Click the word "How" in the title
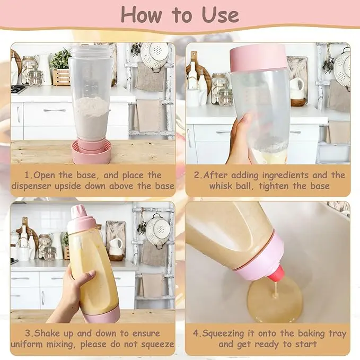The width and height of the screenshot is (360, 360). coord(141,14)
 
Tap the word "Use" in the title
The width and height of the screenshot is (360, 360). coord(221,14)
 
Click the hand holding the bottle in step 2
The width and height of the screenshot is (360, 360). coord(241,138)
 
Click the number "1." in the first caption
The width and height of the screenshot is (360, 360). coord(29,175)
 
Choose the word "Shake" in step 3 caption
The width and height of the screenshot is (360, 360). coord(47,333)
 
